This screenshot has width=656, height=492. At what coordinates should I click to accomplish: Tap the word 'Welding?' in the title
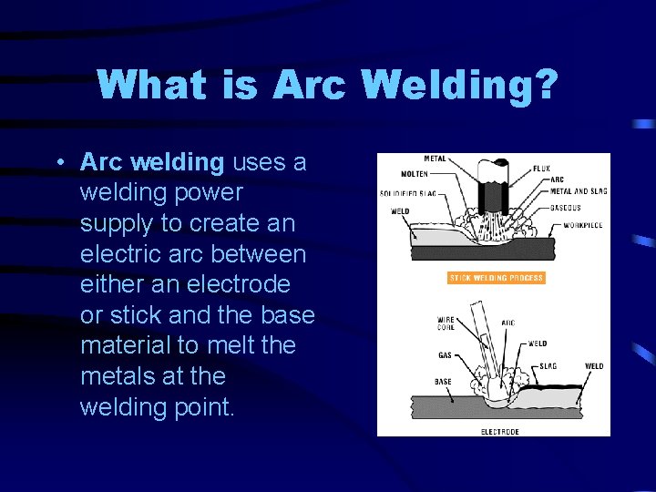coord(460,85)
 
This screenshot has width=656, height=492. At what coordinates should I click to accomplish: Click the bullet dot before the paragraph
coord(57,163)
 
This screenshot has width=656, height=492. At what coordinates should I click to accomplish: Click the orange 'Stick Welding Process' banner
coord(496,278)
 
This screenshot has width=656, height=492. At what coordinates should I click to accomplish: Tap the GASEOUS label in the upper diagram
coord(566,207)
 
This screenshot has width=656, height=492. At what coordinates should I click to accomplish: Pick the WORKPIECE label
coord(584,225)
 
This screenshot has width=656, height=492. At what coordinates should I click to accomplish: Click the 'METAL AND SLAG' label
coord(579,191)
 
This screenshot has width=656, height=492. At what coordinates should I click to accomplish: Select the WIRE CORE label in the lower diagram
coord(447,323)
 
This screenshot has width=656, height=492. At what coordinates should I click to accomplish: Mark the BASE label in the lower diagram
coord(444,382)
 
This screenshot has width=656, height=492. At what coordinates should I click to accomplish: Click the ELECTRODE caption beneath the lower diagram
coord(500,431)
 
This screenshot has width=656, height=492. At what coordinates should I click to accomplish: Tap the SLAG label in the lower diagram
coord(548,366)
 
